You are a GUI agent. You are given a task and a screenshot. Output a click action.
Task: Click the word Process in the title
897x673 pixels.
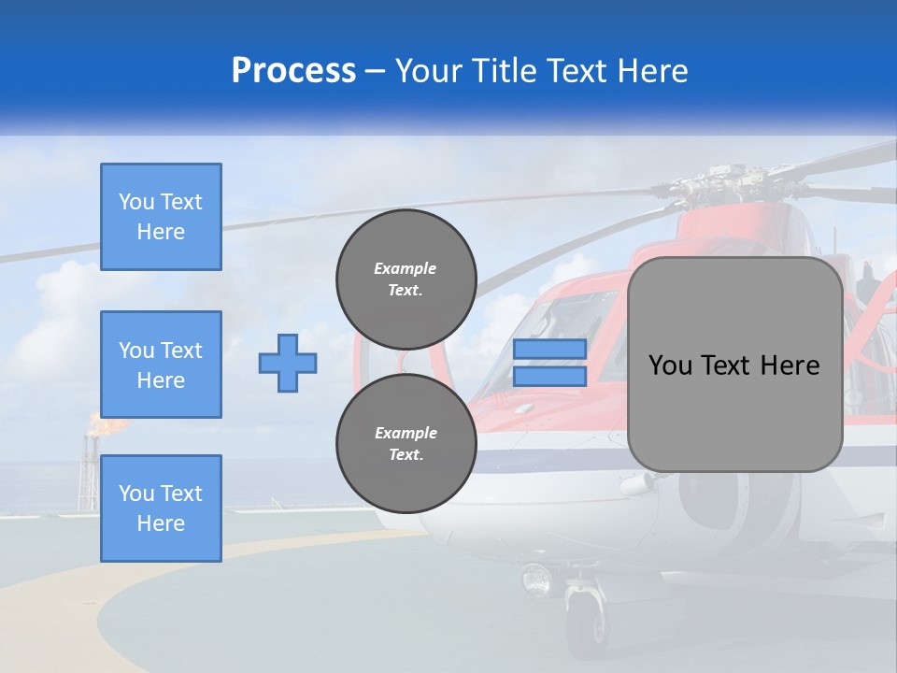[293, 71]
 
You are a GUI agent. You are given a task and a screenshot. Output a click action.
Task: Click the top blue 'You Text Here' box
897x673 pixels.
[161, 217]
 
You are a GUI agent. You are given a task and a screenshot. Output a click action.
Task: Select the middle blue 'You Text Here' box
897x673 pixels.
[161, 365]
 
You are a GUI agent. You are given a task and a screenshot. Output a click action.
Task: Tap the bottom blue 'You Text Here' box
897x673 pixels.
[161, 508]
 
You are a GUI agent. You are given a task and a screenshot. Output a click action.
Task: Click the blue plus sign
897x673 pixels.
[288, 363]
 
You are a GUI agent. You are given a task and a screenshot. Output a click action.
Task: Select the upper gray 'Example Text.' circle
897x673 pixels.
[406, 279]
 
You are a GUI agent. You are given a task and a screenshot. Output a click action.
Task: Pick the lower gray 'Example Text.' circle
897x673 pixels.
[406, 444]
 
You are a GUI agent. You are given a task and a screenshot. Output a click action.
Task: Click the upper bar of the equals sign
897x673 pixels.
[549, 349]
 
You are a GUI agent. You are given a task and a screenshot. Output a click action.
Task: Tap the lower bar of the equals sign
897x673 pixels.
[549, 376]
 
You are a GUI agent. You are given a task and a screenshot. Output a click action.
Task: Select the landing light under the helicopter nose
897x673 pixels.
[537, 579]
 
